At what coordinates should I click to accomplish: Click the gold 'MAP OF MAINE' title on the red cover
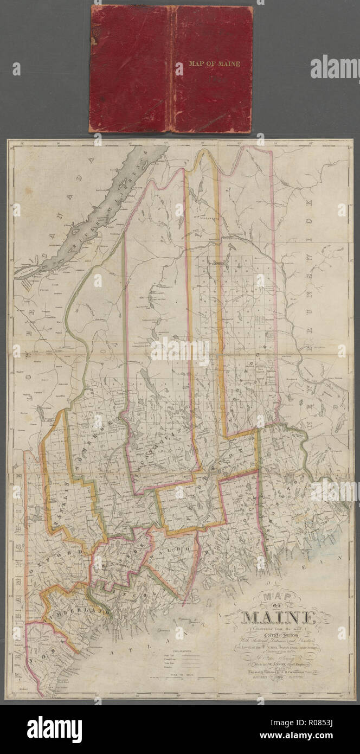[x=214, y=63]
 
